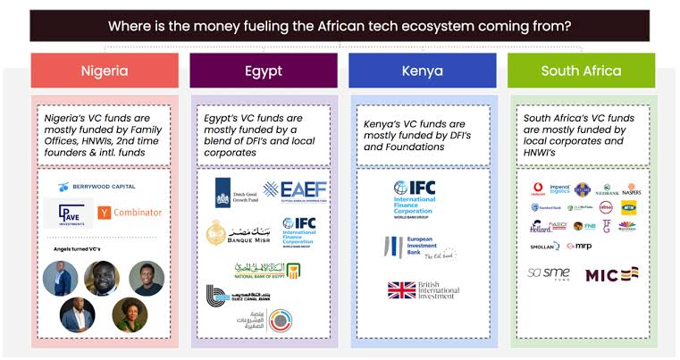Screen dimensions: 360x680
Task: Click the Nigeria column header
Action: click(x=105, y=71)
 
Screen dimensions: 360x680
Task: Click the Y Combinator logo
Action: click(x=130, y=213)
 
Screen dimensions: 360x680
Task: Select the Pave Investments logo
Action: click(x=67, y=213)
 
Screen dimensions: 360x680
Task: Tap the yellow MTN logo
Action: click(x=629, y=207)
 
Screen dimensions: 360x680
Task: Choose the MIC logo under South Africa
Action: click(x=611, y=274)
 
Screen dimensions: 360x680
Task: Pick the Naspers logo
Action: click(x=632, y=189)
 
